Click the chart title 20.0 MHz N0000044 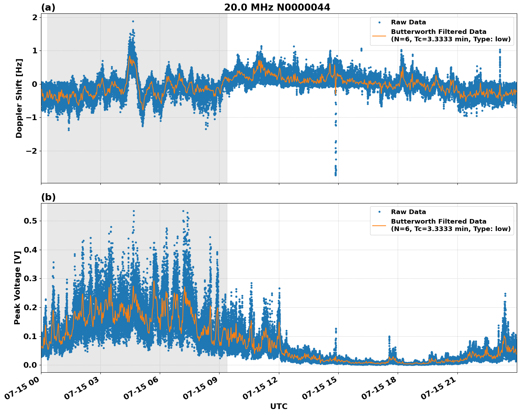[x=277, y=7]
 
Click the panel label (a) [x=48, y=7]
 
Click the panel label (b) [x=48, y=197]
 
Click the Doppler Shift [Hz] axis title [x=19, y=98]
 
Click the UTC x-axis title [x=279, y=406]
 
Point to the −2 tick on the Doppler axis [x=30, y=151]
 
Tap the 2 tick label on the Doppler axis [x=35, y=17]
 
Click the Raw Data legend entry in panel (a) [x=408, y=22]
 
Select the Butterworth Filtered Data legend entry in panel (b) [x=450, y=225]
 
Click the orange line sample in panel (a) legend [x=379, y=36]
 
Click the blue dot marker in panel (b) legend [x=379, y=212]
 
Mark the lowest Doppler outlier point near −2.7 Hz [x=335, y=175]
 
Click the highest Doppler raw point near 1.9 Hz [x=133, y=21]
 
